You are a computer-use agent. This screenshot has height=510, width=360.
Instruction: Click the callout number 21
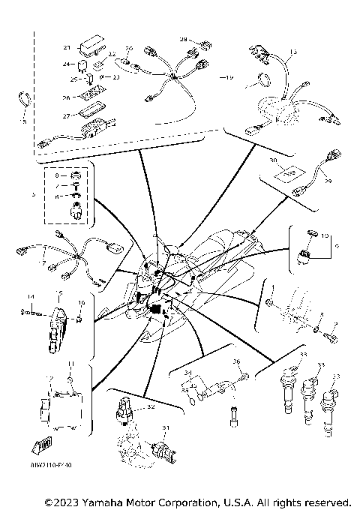pyautogui.click(x=66, y=47)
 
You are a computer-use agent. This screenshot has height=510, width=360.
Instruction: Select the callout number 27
pyautogui.click(x=66, y=115)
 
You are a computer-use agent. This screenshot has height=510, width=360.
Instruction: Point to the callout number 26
pyautogui.click(x=66, y=97)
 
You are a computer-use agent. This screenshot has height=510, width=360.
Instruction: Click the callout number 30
pyautogui.click(x=271, y=160)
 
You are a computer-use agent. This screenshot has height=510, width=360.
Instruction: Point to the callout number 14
pyautogui.click(x=31, y=296)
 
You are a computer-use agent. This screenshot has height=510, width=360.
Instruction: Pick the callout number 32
pyautogui.click(x=151, y=407)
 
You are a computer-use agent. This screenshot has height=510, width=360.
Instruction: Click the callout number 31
pyautogui.click(x=166, y=428)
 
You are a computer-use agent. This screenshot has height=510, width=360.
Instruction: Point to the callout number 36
pyautogui.click(x=236, y=363)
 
